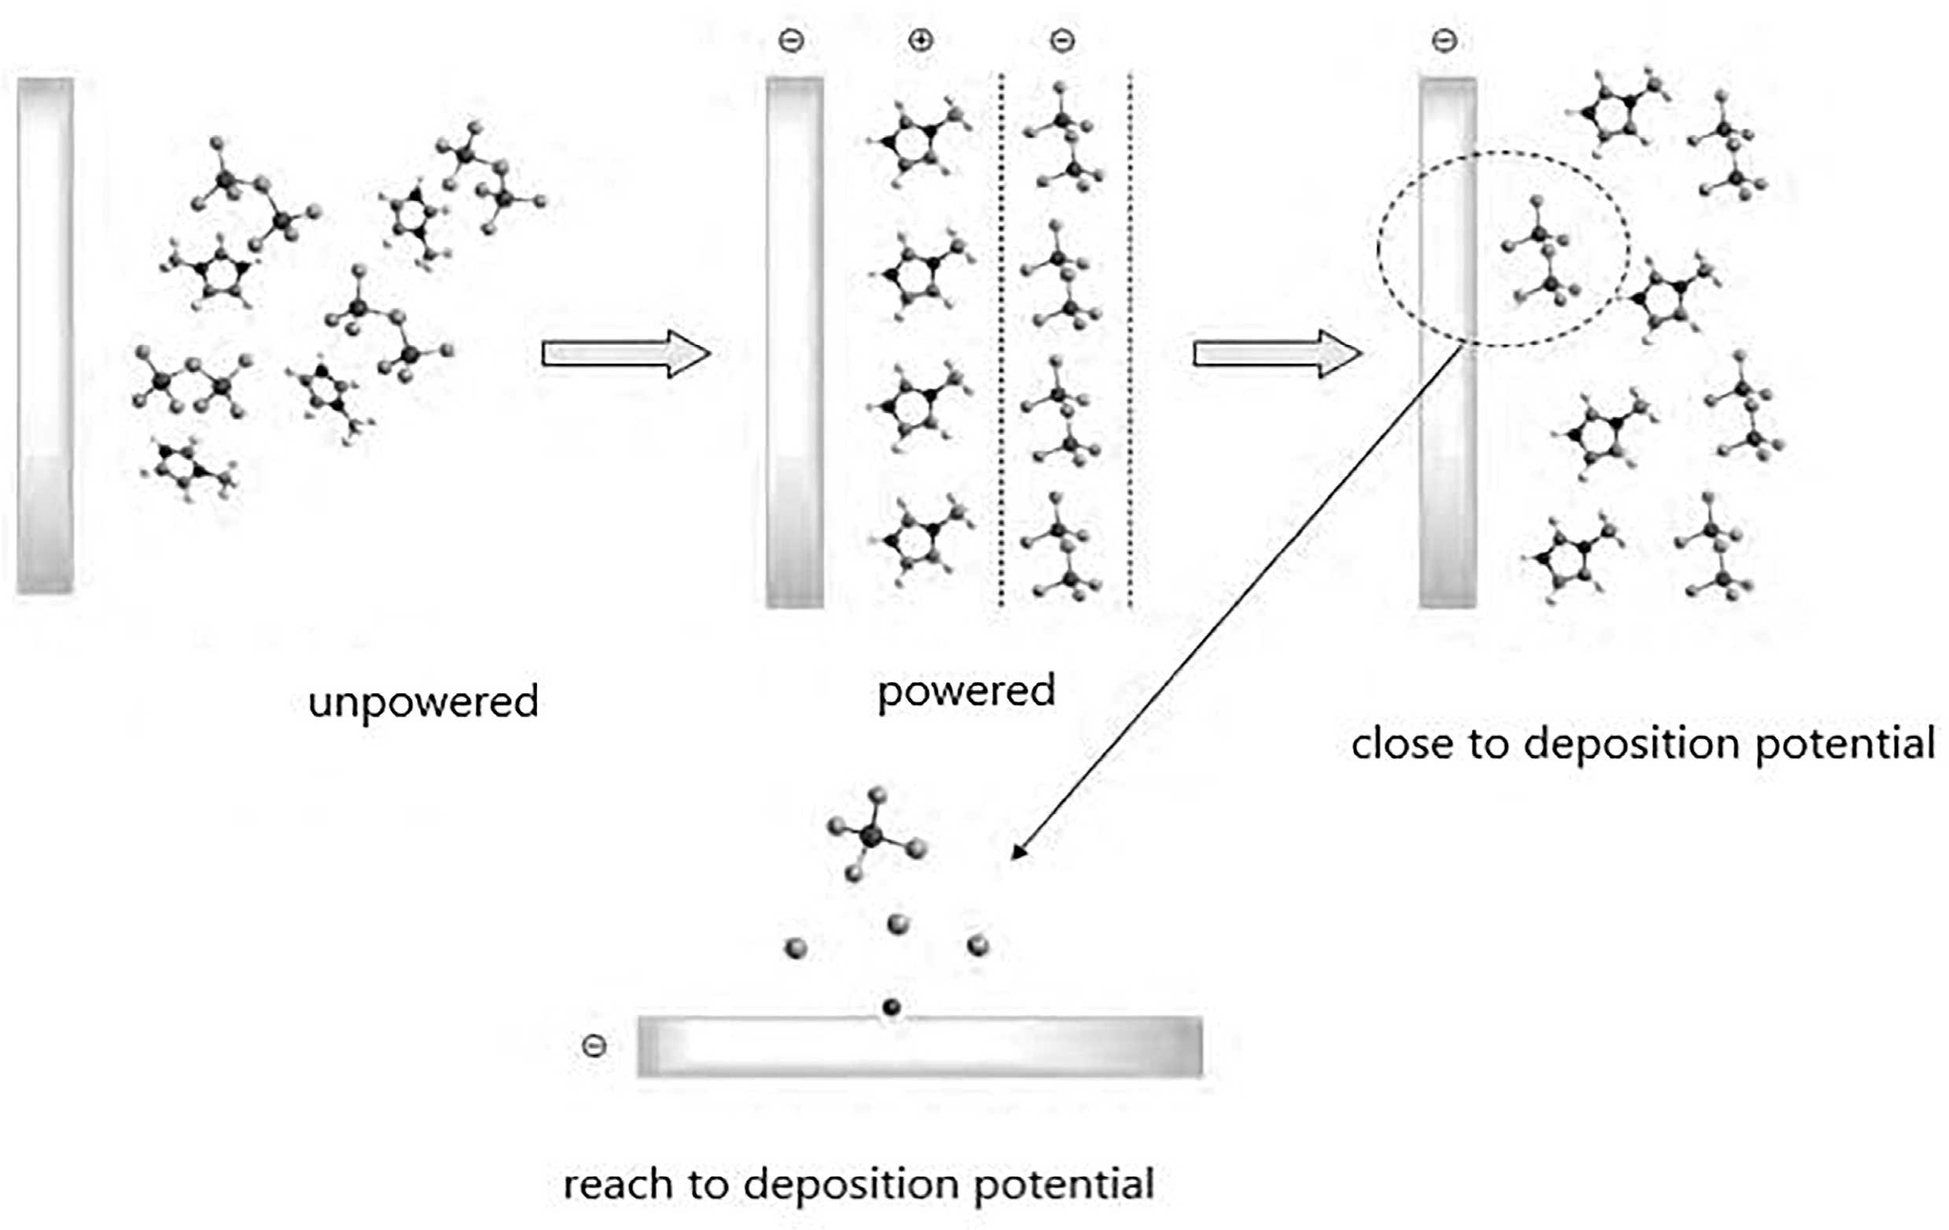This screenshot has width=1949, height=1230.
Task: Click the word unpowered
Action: point(423,701)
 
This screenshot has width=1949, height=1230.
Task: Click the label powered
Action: point(966,691)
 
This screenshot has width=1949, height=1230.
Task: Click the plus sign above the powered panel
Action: point(921,40)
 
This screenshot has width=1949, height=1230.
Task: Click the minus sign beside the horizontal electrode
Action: point(594,1046)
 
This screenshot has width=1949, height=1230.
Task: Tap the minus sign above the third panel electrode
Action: point(1445,40)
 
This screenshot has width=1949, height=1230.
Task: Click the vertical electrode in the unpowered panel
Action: point(46,336)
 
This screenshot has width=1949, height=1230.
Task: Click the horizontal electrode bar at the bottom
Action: point(919,1046)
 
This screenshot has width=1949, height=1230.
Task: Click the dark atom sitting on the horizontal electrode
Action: point(891,1008)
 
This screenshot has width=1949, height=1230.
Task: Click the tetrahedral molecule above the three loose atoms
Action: point(874,833)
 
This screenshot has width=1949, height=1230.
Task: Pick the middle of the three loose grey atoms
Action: point(898,924)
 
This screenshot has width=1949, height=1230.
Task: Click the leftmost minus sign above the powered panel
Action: point(791,40)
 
